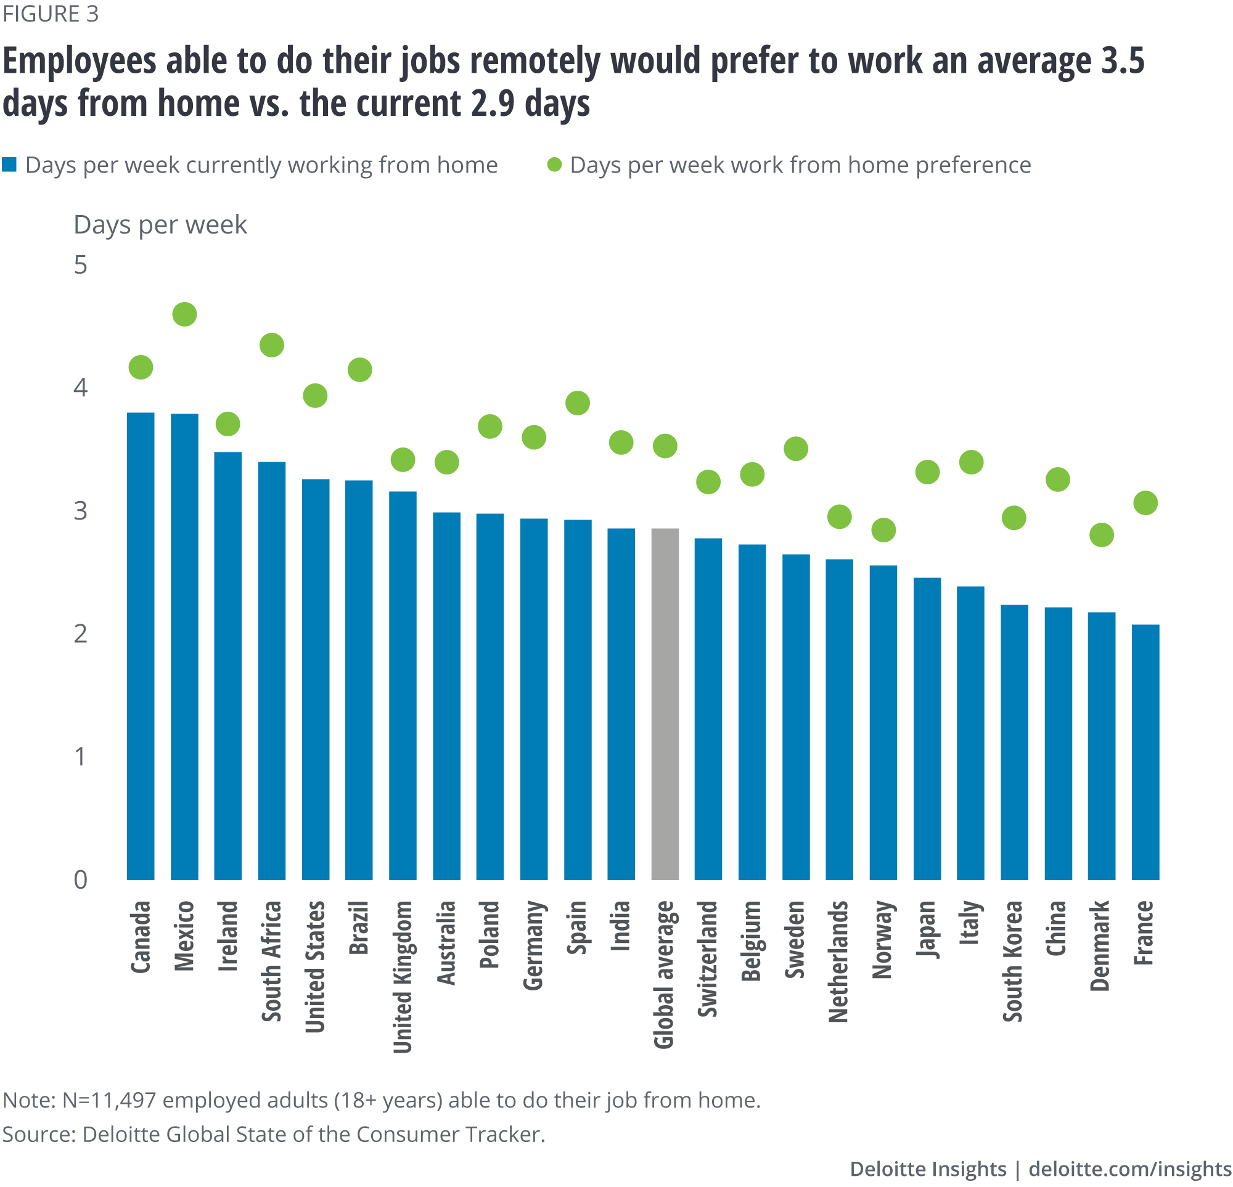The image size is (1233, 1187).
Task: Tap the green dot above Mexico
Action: pos(184,314)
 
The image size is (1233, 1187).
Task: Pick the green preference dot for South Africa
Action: pos(272,345)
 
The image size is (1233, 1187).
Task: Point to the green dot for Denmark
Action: pos(1102,535)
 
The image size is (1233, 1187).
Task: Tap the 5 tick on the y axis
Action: pos(80,265)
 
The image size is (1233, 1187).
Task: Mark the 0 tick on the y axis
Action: pos(80,879)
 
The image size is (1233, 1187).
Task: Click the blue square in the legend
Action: pos(9,165)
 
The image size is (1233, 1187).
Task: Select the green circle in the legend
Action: pos(554,165)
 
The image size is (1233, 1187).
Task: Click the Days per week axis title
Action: pos(160,224)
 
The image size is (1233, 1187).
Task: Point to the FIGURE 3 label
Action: pos(51,14)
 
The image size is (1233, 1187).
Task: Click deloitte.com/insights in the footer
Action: pos(1130,1168)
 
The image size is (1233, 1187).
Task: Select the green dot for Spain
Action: pos(578,402)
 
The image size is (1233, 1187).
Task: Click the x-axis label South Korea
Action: pos(1013,961)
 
